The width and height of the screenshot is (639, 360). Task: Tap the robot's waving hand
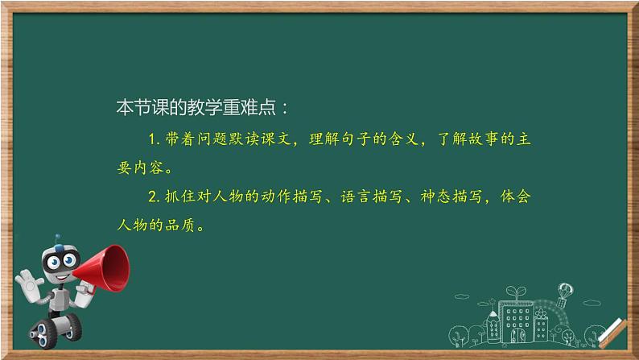click(x=27, y=283)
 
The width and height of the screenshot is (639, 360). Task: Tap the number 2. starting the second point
click(x=155, y=196)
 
